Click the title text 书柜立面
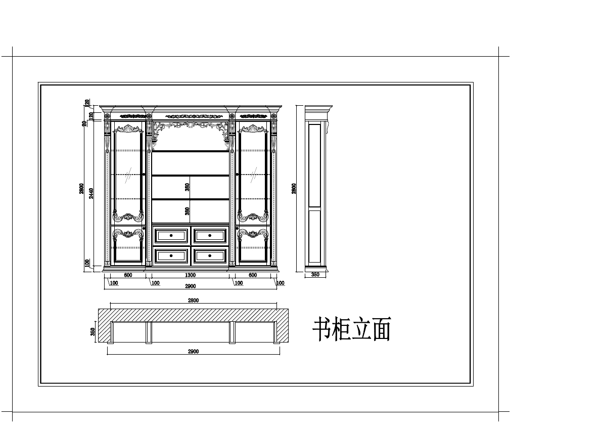352,329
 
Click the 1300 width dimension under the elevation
190,275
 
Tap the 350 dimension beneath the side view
315,275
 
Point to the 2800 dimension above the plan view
193,301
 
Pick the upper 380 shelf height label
187,187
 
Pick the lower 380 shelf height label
187,211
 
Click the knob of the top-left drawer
171,235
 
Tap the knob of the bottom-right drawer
210,255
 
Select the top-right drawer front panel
210,235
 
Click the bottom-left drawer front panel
171,255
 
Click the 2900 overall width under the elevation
190,286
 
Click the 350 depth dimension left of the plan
93,332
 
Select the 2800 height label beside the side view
294,188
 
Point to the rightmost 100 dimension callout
280,283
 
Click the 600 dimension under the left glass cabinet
128,275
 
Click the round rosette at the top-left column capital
107,117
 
